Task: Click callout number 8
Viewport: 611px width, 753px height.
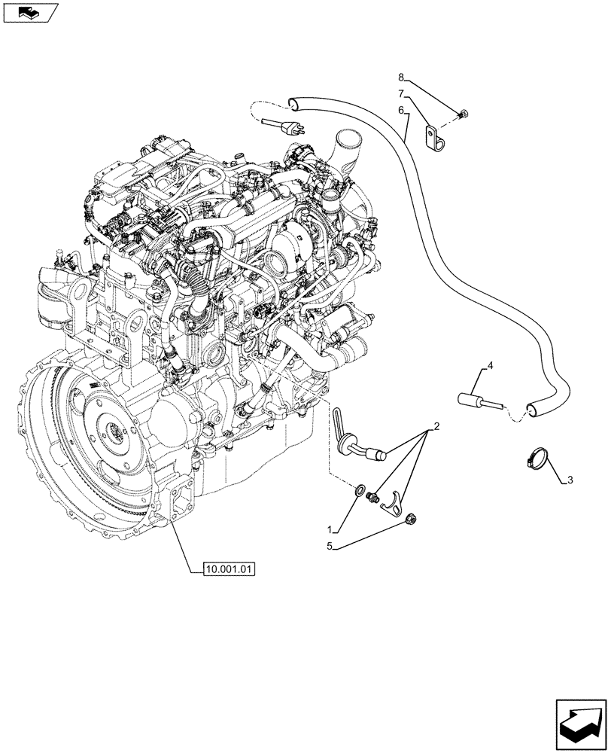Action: point(401,77)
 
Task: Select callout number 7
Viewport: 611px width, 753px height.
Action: point(401,93)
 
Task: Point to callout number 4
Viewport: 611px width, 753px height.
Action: point(490,366)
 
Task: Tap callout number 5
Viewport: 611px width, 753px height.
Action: point(328,547)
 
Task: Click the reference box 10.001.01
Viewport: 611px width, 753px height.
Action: point(230,569)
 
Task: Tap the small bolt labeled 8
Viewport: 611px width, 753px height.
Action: point(464,114)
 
